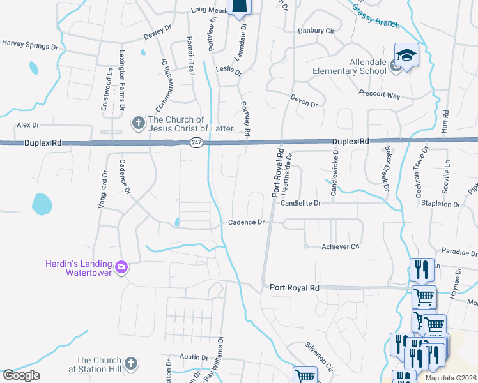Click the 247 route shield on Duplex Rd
[x=196, y=144]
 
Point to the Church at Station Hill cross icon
[x=130, y=363]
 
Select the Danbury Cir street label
[x=316, y=30]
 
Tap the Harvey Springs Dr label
[x=30, y=44]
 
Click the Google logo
[x=22, y=375]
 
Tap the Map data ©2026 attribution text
[x=451, y=378]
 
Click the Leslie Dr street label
[x=229, y=71]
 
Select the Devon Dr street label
[x=304, y=100]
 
